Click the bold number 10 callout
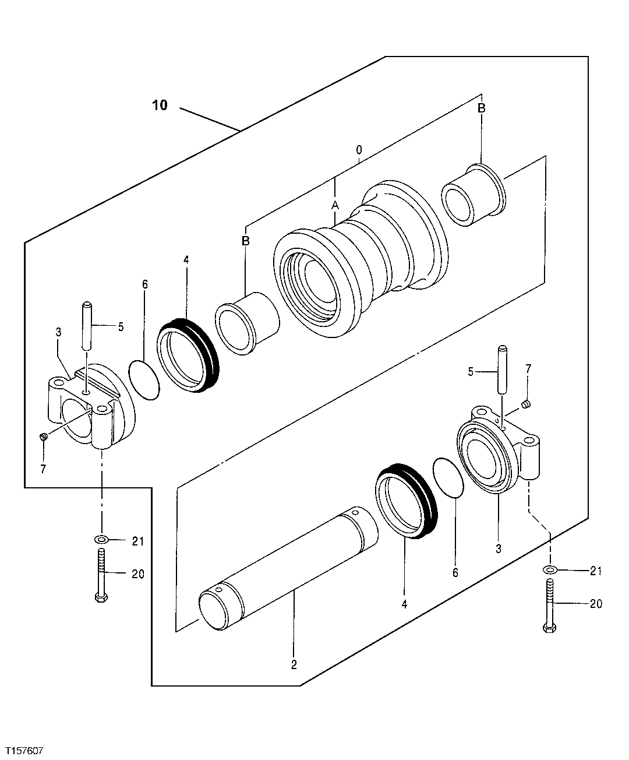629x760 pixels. pos(160,105)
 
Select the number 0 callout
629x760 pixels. pos(359,150)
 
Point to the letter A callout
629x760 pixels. pos(335,205)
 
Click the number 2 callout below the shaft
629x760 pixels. pos(294,664)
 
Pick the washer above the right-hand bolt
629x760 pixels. pos(549,569)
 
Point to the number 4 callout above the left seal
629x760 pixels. pos(186,260)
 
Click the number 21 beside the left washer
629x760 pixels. pos(137,541)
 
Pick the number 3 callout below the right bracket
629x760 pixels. pos(499,548)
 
